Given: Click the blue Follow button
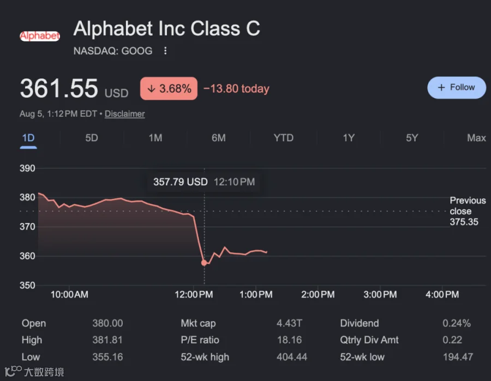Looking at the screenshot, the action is (x=457, y=88).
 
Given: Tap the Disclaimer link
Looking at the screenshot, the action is (x=124, y=114).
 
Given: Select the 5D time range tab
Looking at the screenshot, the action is (x=92, y=138).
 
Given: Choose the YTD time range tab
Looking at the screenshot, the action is (x=283, y=138).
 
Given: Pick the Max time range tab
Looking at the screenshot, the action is (x=476, y=138).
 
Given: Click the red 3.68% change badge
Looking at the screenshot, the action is (x=169, y=88).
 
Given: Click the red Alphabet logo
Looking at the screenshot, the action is (x=40, y=36).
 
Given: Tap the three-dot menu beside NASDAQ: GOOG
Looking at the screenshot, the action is (x=165, y=51).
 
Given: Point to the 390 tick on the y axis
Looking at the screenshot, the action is (x=27, y=168).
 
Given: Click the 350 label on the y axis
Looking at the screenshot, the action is (x=27, y=285).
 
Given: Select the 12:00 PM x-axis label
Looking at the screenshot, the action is (x=194, y=294).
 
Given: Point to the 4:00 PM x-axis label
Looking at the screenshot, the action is (x=442, y=294).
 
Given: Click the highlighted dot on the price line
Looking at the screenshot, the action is (x=204, y=263).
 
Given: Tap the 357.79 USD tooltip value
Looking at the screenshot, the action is (x=181, y=182).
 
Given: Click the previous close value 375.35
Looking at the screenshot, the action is (x=464, y=222).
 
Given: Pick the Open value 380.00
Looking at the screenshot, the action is (x=107, y=323).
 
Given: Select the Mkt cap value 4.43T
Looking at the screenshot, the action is (x=289, y=323).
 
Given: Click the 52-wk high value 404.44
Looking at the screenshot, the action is (x=292, y=357).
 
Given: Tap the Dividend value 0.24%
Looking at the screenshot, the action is (x=457, y=323).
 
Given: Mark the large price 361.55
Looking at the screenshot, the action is (x=59, y=88).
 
